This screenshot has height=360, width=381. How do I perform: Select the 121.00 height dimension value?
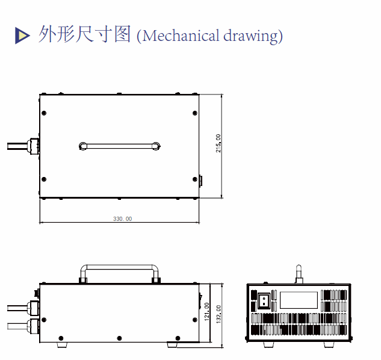coord(207,311)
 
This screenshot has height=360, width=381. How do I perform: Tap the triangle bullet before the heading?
coord(22,36)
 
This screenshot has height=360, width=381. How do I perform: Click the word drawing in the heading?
coord(252,36)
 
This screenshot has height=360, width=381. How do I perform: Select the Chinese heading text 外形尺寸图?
coord(84,34)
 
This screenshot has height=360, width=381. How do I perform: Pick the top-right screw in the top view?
coord(194,113)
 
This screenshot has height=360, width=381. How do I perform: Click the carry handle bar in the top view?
coord(119,145)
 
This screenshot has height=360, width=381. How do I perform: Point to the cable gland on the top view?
coord(34,146)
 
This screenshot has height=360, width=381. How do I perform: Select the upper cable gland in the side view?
coord(33,307)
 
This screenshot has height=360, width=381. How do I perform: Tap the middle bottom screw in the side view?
coord(119,338)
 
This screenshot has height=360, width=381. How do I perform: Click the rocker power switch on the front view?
coord(263,299)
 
